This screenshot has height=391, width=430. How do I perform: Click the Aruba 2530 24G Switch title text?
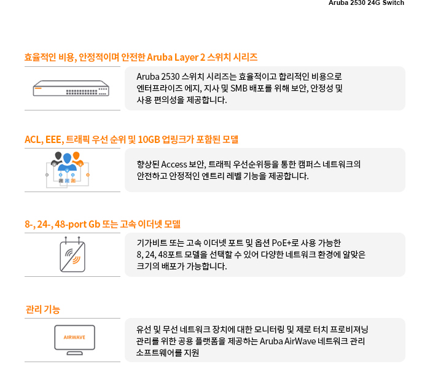click(x=366, y=2)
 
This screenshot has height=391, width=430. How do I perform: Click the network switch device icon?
click(x=71, y=88)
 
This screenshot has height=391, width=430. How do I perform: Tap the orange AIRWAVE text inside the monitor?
click(x=74, y=338)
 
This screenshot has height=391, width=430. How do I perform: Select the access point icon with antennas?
click(x=72, y=254)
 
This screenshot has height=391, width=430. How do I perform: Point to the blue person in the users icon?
click(x=67, y=162)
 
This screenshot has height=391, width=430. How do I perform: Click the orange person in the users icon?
click(x=77, y=158)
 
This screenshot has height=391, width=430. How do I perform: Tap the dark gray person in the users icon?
click(x=57, y=158)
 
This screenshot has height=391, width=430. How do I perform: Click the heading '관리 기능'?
click(x=43, y=309)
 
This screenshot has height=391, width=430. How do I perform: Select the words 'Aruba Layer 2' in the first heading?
click(x=176, y=57)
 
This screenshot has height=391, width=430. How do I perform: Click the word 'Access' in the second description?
click(x=174, y=165)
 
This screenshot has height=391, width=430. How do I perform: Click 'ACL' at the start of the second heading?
click(x=33, y=140)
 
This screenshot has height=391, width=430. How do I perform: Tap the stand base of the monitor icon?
click(x=74, y=353)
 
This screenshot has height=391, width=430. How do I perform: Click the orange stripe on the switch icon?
click(x=38, y=88)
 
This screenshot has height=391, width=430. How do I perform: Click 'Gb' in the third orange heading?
click(x=95, y=225)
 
